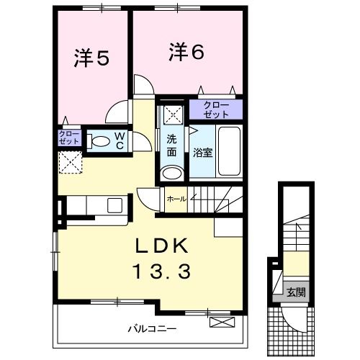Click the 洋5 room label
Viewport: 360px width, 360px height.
point(91,58)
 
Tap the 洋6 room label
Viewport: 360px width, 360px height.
point(186,52)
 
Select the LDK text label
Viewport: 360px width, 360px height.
point(162,246)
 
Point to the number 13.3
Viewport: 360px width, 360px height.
point(162,271)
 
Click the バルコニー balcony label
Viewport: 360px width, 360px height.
point(152,328)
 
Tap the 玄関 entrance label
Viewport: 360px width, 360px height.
point(296,292)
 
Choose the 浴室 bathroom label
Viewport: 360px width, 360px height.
point(203,153)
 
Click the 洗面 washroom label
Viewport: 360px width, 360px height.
point(171,145)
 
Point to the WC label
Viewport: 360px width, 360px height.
point(120,141)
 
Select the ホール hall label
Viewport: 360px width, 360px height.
point(176,199)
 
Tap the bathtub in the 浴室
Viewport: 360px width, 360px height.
point(229,151)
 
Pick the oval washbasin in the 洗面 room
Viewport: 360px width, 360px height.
point(171,174)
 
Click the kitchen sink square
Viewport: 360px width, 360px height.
point(114,205)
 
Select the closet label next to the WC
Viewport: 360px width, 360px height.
point(69,138)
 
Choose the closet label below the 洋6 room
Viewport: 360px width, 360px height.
point(216,109)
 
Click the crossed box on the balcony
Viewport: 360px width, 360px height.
point(222,322)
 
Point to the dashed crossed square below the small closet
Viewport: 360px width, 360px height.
point(71,162)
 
